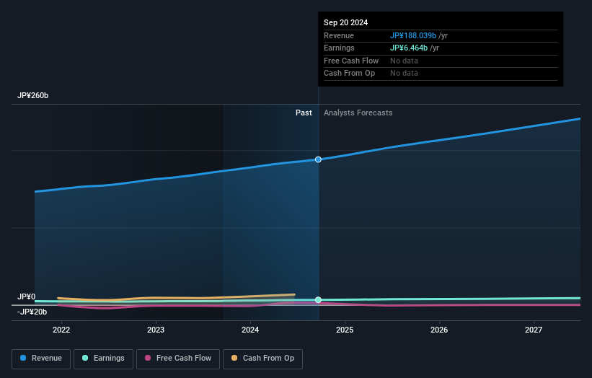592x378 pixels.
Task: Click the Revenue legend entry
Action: pos(41,358)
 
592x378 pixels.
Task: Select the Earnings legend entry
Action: pos(102,358)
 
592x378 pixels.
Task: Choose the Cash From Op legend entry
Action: pos(263,358)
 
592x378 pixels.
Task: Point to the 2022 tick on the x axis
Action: pos(61,330)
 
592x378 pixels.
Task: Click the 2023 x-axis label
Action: pos(156,330)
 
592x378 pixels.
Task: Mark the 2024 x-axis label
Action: pos(250,330)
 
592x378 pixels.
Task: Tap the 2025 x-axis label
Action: pos(345,330)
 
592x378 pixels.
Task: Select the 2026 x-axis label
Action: pos(439,330)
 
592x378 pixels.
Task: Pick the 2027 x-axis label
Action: pos(534,330)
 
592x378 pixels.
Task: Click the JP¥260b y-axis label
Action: pos(33,96)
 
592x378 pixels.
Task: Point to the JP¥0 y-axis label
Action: pos(27,296)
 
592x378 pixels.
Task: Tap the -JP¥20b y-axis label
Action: pos(32,312)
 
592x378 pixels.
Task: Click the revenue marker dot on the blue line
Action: pos(318,159)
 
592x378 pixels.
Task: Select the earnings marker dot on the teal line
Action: pos(318,299)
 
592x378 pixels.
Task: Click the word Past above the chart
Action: pos(304,113)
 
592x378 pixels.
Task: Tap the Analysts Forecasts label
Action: pos(358,113)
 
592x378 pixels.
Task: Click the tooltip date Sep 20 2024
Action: pos(345,22)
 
